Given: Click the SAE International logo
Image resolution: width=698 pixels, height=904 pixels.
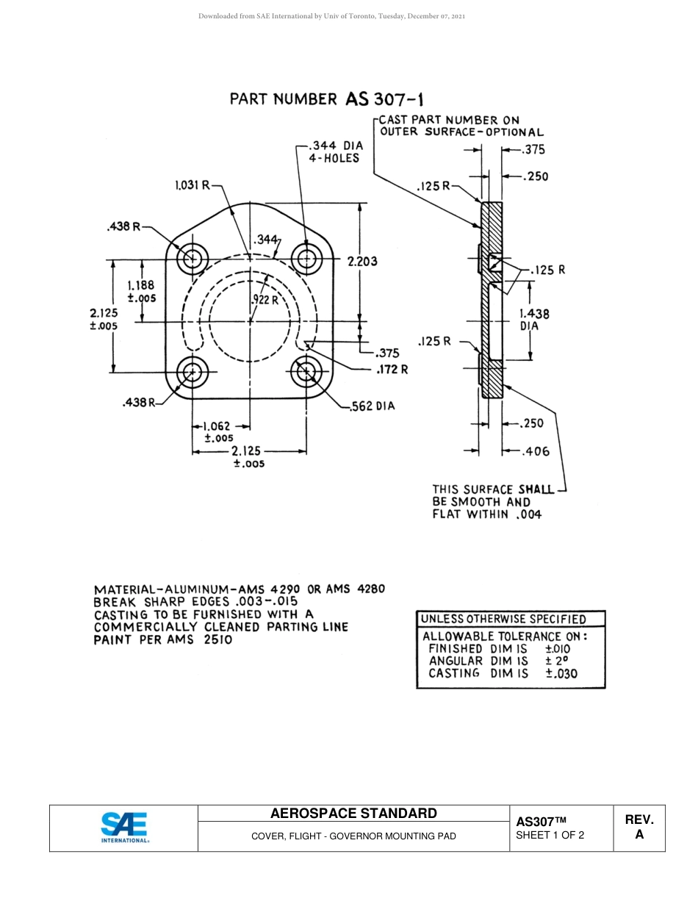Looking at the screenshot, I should (124, 828).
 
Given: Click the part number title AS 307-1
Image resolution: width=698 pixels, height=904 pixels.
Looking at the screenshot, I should (326, 99).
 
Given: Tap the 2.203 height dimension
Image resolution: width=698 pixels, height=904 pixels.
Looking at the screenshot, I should (362, 261).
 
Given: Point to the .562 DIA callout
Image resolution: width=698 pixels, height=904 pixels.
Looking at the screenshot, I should (373, 406).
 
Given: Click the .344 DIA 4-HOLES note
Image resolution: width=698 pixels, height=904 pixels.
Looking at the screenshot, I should (334, 152).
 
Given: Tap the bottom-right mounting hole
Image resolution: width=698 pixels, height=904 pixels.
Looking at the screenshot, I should (306, 373).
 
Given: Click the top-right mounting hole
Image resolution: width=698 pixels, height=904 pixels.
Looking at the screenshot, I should (306, 259).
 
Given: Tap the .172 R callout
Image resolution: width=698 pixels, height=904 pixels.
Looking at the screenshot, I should (392, 369).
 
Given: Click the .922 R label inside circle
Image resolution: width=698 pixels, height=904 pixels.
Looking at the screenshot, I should (265, 300).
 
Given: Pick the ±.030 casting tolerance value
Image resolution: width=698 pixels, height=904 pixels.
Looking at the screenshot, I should (561, 673).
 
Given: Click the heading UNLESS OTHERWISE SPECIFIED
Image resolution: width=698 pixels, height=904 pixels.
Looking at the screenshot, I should (503, 619).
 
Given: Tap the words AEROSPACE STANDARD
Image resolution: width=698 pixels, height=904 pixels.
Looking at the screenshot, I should (353, 813).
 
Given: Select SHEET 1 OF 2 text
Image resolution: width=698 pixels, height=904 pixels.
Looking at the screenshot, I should (550, 835).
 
